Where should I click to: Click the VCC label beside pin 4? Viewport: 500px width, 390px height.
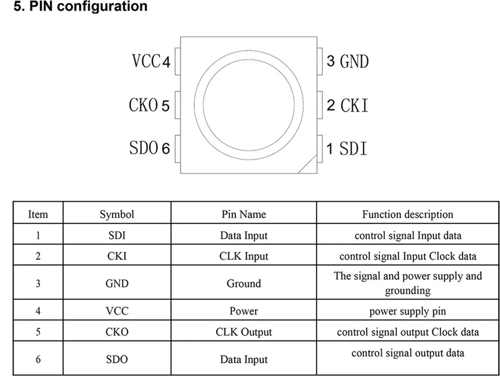click(146, 61)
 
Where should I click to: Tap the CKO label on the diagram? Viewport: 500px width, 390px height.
click(144, 105)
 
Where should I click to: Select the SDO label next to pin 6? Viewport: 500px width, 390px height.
click(144, 148)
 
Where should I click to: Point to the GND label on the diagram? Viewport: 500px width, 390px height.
click(354, 62)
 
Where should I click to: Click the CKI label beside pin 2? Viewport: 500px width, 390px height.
click(354, 106)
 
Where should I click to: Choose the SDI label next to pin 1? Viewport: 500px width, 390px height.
click(353, 149)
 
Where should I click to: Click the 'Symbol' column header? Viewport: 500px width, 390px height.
click(117, 214)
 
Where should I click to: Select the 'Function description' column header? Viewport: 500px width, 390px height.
click(408, 214)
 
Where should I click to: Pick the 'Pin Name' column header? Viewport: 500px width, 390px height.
click(244, 214)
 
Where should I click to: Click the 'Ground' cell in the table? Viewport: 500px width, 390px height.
click(244, 283)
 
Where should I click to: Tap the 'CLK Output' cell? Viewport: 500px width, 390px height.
click(244, 332)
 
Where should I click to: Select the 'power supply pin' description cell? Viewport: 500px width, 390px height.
click(408, 311)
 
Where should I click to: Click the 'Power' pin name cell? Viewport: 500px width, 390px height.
click(244, 311)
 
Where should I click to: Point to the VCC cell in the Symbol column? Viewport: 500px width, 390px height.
click(117, 311)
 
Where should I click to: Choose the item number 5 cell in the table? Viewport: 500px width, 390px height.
click(38, 332)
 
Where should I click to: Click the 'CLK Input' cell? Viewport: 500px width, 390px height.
click(244, 256)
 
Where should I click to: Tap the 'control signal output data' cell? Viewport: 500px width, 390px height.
click(408, 353)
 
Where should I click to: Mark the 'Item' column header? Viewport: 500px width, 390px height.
click(38, 214)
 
